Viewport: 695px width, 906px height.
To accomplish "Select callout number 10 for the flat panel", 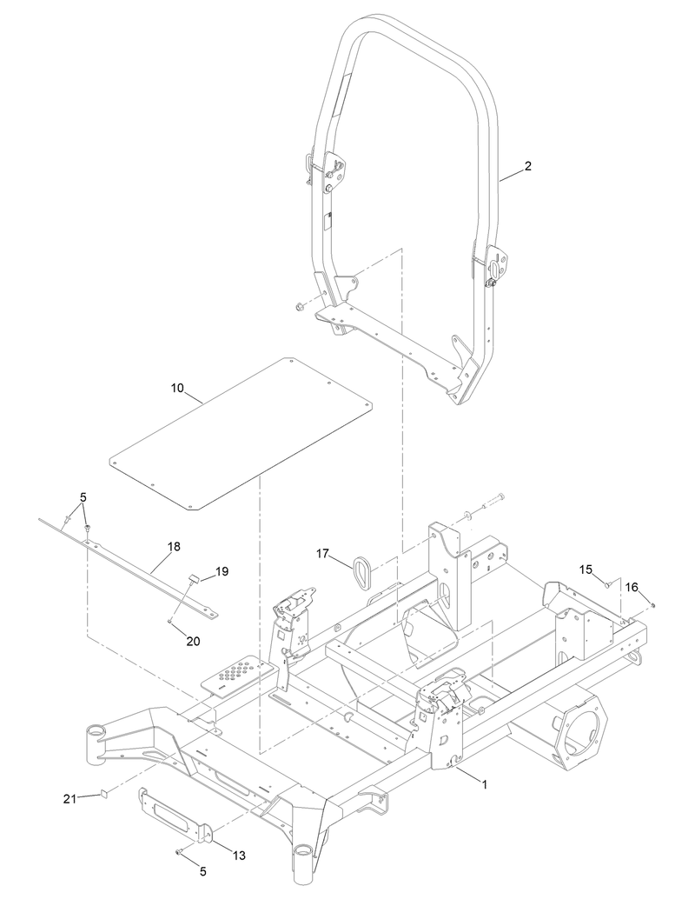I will coord(177,388).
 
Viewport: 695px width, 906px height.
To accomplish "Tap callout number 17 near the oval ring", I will coord(323,553).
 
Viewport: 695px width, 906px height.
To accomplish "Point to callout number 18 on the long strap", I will coord(174,547).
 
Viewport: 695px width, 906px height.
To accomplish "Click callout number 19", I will coord(222,571).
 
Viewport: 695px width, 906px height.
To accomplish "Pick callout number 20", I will coord(193,640).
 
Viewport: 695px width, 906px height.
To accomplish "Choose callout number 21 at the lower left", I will coord(69,798).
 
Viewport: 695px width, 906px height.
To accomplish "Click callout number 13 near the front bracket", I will coord(238,856).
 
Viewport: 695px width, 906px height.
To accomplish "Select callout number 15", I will coord(586,569).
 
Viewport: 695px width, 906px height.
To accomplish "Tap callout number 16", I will coord(632,588).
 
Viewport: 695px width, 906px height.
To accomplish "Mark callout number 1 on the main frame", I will coord(484,783).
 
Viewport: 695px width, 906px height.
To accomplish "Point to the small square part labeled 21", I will coord(102,793).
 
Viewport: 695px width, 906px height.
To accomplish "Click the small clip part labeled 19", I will coord(195,577).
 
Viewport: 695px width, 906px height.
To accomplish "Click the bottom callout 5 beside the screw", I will coord(202,869).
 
